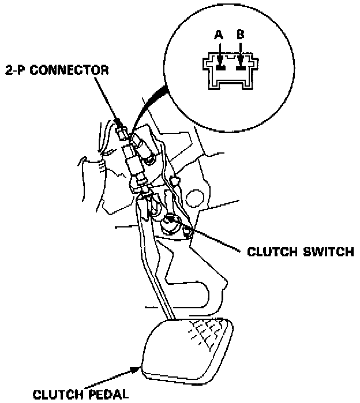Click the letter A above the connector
click(x=219, y=35)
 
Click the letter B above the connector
click(x=241, y=35)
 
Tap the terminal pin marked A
click(x=219, y=66)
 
